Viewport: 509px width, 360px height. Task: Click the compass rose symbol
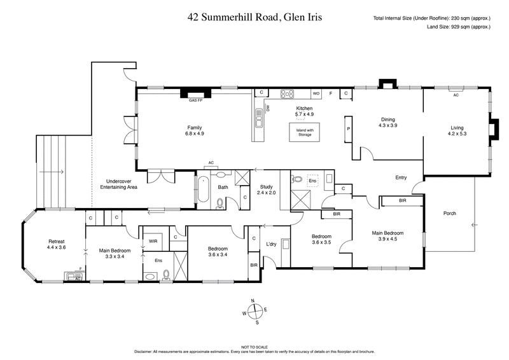(x=254, y=312)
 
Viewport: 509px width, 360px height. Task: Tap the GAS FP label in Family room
(x=195, y=100)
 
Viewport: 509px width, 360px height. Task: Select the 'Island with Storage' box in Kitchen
(x=305, y=132)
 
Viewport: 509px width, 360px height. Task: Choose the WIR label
(x=153, y=242)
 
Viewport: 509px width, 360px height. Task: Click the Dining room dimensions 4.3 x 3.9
(x=388, y=125)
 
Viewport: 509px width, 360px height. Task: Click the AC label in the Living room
(x=456, y=95)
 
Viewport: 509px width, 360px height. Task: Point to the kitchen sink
(x=260, y=116)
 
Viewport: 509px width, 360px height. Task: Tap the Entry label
(x=401, y=177)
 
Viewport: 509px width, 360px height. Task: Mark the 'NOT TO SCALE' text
(x=254, y=346)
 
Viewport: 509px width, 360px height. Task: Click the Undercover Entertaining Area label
(x=120, y=185)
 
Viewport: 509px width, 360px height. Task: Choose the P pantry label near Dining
(x=349, y=129)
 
